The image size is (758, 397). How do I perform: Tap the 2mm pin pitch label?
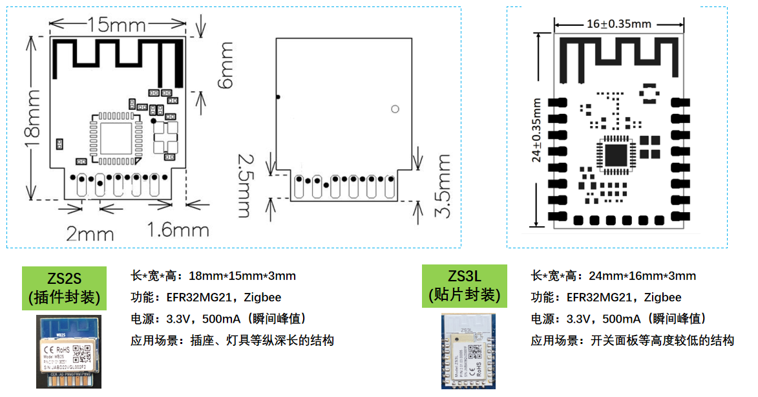[90, 233]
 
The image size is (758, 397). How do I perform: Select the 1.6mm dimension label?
[178, 230]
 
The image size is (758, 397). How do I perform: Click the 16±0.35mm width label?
[618, 24]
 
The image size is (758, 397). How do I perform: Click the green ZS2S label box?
[64, 288]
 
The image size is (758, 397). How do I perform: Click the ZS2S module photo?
[68, 352]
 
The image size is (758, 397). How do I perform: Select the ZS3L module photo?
[468, 350]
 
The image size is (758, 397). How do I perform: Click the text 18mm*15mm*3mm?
[242, 276]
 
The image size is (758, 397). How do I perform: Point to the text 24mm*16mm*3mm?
[642, 276]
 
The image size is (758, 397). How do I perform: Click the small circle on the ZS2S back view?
[395, 109]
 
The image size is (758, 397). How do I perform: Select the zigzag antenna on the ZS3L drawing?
[618, 59]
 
